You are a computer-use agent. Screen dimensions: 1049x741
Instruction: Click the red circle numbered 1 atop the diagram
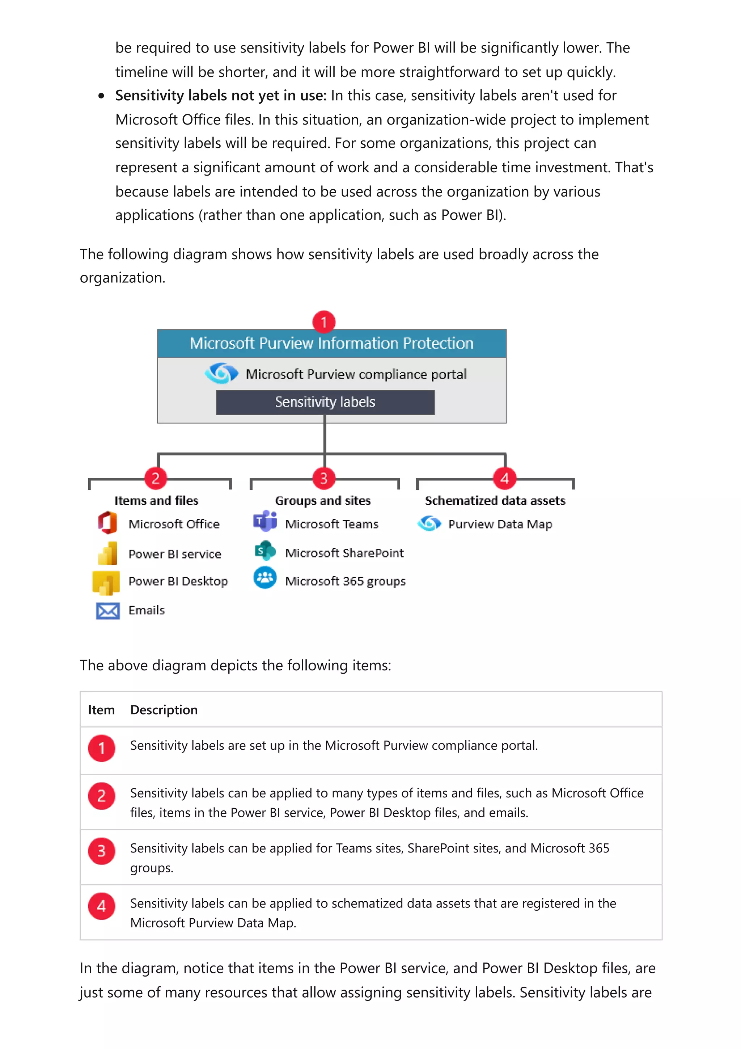[324, 322]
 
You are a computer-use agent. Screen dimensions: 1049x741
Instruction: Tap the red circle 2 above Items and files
[155, 479]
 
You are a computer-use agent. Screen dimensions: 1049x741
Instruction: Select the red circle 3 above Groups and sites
[324, 479]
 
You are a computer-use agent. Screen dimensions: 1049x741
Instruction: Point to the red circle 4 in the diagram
[504, 479]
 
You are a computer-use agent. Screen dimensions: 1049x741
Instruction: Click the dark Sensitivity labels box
[325, 402]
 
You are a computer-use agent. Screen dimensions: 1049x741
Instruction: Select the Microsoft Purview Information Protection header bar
[331, 344]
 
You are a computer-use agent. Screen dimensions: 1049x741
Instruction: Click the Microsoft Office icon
[108, 523]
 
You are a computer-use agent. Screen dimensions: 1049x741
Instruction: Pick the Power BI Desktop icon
[106, 582]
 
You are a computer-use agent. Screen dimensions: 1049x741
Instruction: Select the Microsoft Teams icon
[265, 521]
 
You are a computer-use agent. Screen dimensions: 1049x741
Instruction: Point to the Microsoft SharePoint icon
[265, 551]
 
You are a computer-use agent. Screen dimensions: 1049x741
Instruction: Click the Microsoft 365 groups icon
[265, 578]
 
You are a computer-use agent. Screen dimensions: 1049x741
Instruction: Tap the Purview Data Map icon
[429, 523]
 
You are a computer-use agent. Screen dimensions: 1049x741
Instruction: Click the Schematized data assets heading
[495, 501]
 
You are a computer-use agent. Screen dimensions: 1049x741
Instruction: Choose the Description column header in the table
[164, 709]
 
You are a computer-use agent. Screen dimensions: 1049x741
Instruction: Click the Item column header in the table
[101, 709]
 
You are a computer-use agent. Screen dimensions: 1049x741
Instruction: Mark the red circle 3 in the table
[101, 851]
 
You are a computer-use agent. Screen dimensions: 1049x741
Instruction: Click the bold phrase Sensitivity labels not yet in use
[220, 96]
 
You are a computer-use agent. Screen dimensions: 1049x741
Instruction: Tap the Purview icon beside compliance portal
[221, 373]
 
